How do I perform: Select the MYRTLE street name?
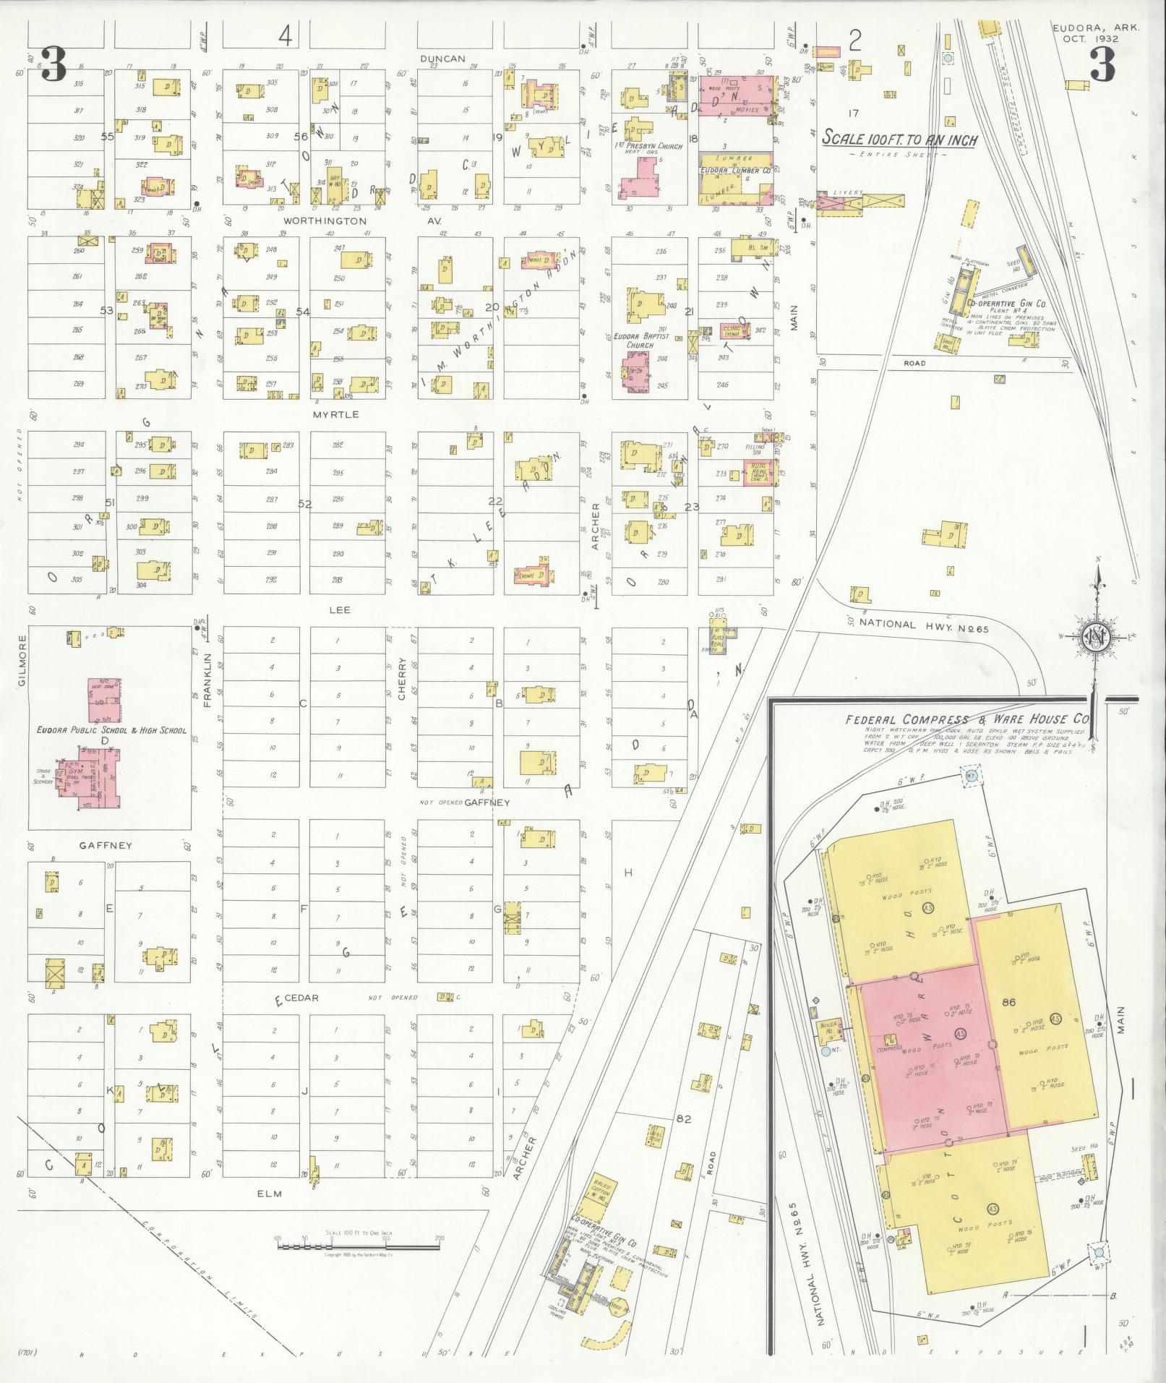click(335, 415)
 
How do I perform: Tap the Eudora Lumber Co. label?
click(734, 171)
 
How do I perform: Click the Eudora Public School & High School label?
click(112, 731)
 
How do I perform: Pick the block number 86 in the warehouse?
click(1010, 1003)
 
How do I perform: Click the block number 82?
click(684, 1119)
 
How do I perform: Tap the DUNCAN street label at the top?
click(443, 59)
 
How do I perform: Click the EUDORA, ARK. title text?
click(1086, 28)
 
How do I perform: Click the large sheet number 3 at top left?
click(53, 64)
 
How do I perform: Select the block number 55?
click(108, 137)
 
